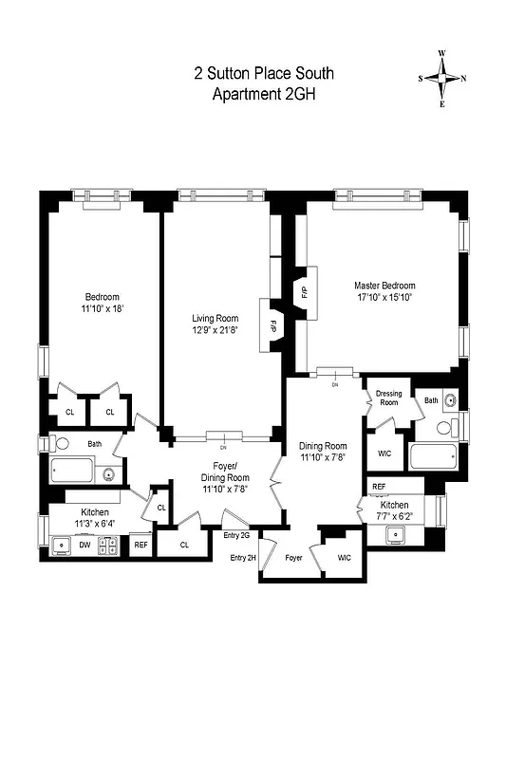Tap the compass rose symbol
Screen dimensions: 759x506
click(442, 79)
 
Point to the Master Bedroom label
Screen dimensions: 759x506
click(384, 285)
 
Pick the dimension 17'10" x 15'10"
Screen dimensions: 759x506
click(384, 297)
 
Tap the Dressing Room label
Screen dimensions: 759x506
click(389, 398)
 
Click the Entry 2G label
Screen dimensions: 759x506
click(236, 536)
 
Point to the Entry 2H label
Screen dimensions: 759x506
click(244, 557)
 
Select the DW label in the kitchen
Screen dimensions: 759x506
click(85, 546)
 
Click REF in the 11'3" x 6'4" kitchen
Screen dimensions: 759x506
click(141, 546)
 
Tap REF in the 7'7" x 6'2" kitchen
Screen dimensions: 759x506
click(379, 487)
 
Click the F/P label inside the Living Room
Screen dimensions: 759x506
click(272, 325)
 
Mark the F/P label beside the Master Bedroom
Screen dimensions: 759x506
click(304, 292)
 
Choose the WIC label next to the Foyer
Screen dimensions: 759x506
click(344, 558)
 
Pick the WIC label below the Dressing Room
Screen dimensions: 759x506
click(384, 454)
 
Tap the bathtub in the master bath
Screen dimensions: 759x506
click(435, 458)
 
